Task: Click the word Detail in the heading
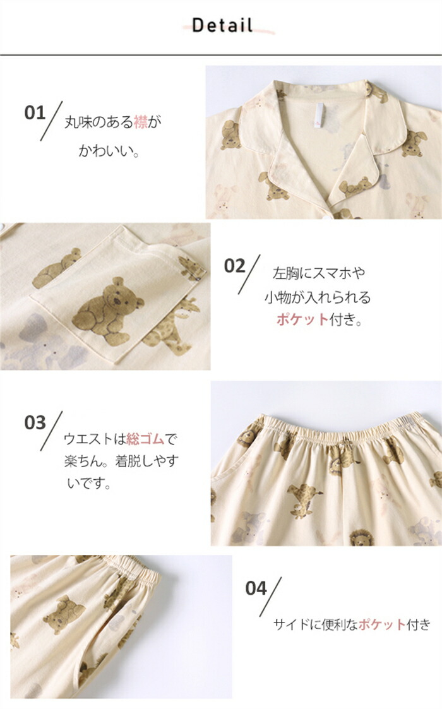pyautogui.click(x=222, y=25)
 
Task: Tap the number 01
pyautogui.click(x=35, y=112)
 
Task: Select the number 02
pyautogui.click(x=235, y=266)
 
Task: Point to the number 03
pyautogui.click(x=35, y=423)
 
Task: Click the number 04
pyautogui.click(x=256, y=588)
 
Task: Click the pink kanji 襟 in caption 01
pyautogui.click(x=141, y=122)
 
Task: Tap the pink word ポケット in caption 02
pyautogui.click(x=302, y=319)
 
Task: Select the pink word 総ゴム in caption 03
pyautogui.click(x=145, y=439)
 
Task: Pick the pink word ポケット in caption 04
pyautogui.click(x=382, y=624)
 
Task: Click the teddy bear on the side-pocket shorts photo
pyautogui.click(x=64, y=614)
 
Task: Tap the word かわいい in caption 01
pyautogui.click(x=109, y=150)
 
